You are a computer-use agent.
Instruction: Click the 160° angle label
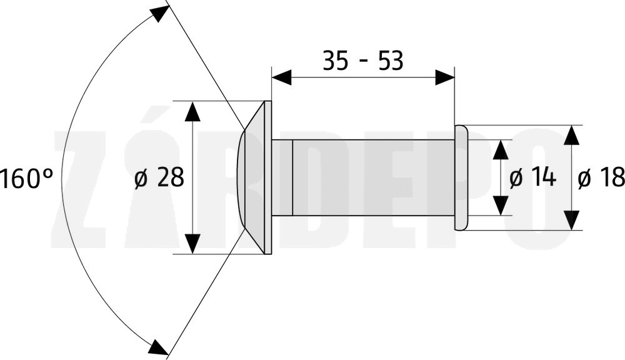[26, 177]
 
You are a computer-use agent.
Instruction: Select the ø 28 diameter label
[159, 177]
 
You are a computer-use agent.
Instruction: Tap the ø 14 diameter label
[532, 177]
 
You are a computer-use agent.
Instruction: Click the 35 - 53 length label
[362, 61]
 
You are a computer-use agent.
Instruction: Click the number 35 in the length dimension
[335, 61]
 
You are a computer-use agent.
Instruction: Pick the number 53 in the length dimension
[391, 61]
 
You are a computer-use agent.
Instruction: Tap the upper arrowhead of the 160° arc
[159, 15]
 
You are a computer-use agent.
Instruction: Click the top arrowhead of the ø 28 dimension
[192, 111]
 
